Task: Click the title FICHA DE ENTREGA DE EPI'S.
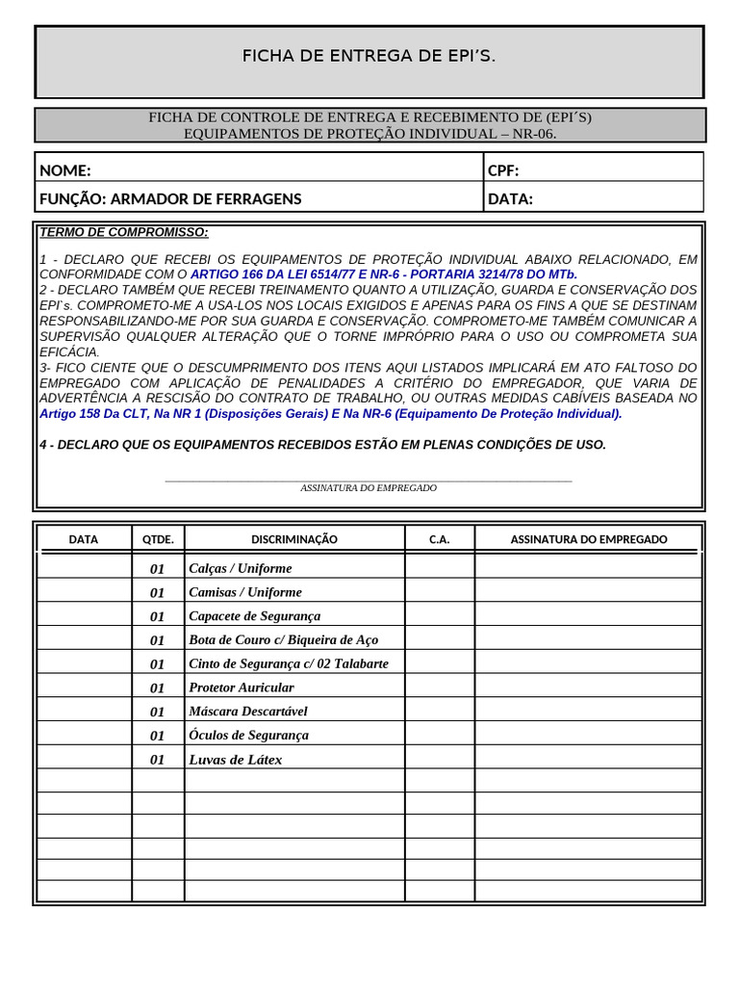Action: coord(369,57)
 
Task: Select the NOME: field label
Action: coord(65,171)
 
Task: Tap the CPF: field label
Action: coord(503,171)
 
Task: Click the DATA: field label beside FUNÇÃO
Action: coord(510,199)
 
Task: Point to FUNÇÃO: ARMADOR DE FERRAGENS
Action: coord(170,199)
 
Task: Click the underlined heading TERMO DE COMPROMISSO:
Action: coord(123,232)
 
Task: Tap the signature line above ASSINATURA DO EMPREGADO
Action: coord(369,480)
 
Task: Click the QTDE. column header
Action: coord(158,539)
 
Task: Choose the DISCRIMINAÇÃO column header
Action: coord(294,539)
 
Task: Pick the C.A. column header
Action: coord(440,539)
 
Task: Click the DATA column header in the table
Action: coord(84,539)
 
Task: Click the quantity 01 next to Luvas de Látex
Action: coord(158,760)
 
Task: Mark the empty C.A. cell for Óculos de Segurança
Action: coord(440,735)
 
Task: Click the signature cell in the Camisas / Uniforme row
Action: coord(588,592)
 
